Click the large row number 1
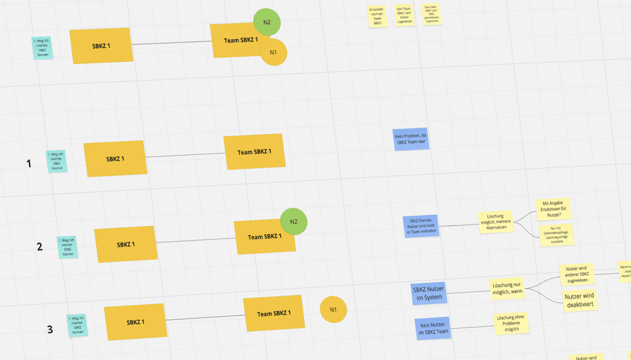click(x=29, y=163)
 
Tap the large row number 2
click(x=40, y=247)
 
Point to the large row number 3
click(x=50, y=329)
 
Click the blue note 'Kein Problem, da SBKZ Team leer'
click(x=411, y=139)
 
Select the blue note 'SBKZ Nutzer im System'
click(x=429, y=293)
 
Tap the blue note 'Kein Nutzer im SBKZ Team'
click(x=433, y=328)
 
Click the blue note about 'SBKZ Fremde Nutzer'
click(x=421, y=226)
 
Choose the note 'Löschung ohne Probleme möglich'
click(x=511, y=323)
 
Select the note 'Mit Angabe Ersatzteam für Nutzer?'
click(x=553, y=209)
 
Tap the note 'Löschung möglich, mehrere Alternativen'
click(x=496, y=222)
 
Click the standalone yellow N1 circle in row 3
click(x=333, y=310)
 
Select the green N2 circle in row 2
click(x=294, y=222)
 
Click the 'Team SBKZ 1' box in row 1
click(x=254, y=152)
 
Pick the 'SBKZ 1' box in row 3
click(x=135, y=322)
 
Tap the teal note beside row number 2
click(x=68, y=247)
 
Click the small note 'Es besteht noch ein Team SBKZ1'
click(x=377, y=16)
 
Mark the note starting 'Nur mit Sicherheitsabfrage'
click(x=557, y=235)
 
